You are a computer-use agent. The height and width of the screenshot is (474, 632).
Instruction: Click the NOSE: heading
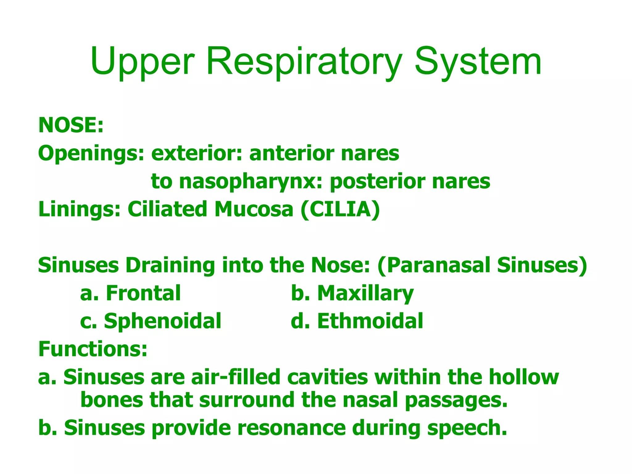pyautogui.click(x=71, y=125)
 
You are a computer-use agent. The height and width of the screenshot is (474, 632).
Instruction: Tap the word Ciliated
pyautogui.click(x=167, y=209)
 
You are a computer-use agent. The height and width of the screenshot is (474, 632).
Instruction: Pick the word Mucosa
pyautogui.click(x=254, y=209)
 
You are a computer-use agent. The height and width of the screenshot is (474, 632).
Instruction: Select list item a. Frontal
pyautogui.click(x=130, y=293)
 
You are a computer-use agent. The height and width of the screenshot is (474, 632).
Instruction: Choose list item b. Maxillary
pyautogui.click(x=352, y=293)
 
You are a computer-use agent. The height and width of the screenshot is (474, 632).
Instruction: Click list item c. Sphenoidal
pyautogui.click(x=151, y=321)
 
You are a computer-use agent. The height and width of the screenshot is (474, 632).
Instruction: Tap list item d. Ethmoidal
pyautogui.click(x=357, y=321)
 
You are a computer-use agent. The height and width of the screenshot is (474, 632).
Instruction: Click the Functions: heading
pyautogui.click(x=93, y=349)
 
